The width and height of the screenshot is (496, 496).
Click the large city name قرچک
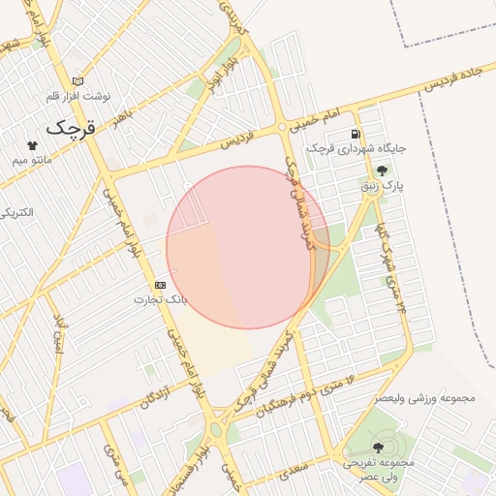tap(74, 126)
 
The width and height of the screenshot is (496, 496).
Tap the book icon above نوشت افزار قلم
tap(78, 81)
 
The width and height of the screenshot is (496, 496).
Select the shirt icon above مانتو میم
tap(33, 145)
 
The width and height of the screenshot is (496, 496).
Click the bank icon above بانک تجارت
tap(160, 285)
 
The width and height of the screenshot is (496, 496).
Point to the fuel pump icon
tap(357, 134)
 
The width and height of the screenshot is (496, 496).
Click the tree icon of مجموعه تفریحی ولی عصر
tap(377, 448)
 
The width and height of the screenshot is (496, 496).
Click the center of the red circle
tap(247, 247)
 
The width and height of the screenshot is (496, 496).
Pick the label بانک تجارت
tap(159, 300)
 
